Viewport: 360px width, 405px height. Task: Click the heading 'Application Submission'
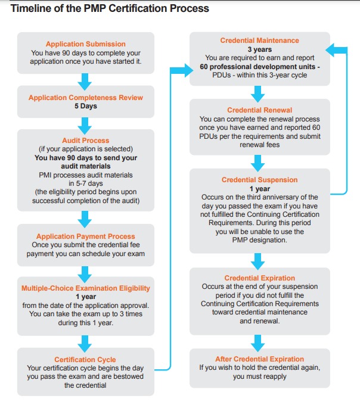(86, 44)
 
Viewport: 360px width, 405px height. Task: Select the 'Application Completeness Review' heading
(86, 98)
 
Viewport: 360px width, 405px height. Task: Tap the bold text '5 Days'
(86, 106)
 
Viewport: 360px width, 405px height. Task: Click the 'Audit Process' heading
(86, 141)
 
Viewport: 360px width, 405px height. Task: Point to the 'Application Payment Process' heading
(86, 236)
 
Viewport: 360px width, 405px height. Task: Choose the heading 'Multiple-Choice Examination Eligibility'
(86, 288)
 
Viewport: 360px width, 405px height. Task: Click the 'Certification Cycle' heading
(85, 360)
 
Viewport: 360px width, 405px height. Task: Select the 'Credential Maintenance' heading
(259, 40)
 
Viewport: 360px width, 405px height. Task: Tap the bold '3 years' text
(260, 49)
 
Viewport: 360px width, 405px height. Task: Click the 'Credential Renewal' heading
(259, 110)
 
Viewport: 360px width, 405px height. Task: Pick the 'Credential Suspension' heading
(259, 180)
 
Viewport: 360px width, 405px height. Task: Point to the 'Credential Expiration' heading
(259, 278)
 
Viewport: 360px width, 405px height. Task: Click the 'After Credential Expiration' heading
(259, 359)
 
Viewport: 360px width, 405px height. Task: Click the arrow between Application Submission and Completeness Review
(85, 82)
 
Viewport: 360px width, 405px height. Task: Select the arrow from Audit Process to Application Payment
(85, 219)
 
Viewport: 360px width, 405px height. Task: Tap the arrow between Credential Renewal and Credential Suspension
(257, 163)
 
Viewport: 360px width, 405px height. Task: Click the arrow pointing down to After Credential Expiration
(257, 343)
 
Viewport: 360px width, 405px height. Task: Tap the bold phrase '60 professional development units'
(257, 67)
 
